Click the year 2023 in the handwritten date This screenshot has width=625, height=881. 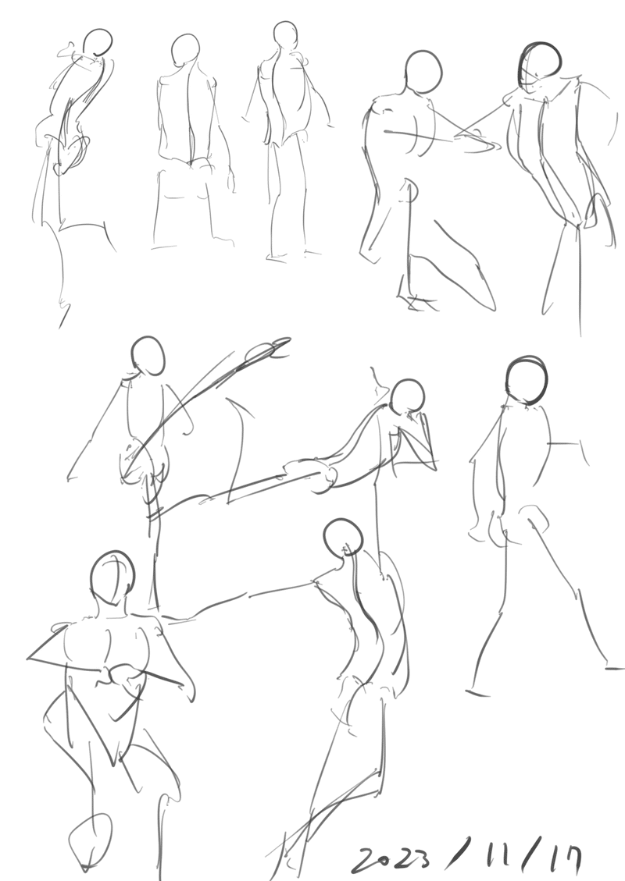click(x=392, y=858)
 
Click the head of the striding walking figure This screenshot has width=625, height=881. click(x=527, y=380)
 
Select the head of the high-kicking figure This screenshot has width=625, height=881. click(x=408, y=396)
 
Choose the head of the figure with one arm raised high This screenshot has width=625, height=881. click(x=148, y=356)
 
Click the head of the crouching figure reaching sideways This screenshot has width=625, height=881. click(x=423, y=72)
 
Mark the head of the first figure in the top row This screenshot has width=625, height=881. click(x=98, y=43)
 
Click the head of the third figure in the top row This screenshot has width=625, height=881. click(x=285, y=35)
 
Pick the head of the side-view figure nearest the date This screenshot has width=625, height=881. click(x=343, y=537)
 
